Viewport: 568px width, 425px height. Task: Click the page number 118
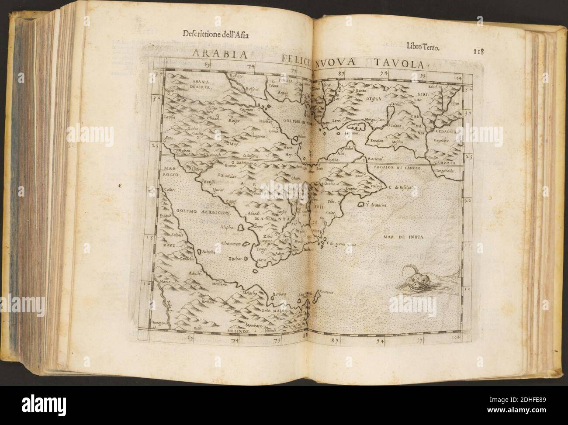click(479, 51)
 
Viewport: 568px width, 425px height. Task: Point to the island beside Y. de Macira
click(361, 204)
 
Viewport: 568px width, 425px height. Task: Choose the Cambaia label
click(444, 161)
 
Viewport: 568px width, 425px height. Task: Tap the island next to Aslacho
click(199, 252)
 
